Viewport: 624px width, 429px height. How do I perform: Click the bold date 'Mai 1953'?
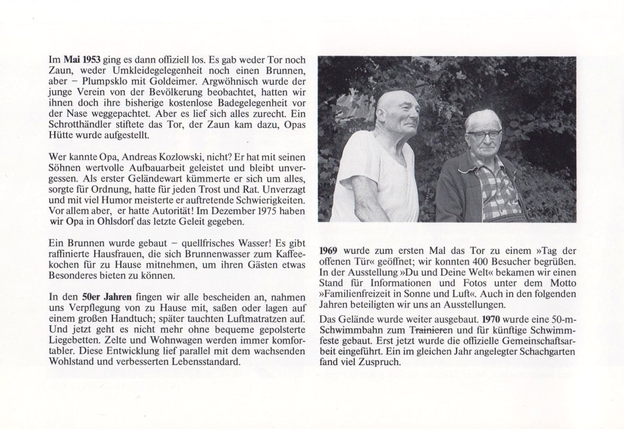(80, 59)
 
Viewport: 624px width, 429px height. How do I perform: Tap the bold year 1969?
(330, 251)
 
